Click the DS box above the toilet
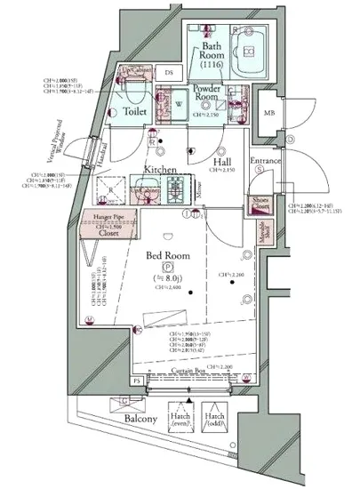167,73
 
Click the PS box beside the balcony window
136,381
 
